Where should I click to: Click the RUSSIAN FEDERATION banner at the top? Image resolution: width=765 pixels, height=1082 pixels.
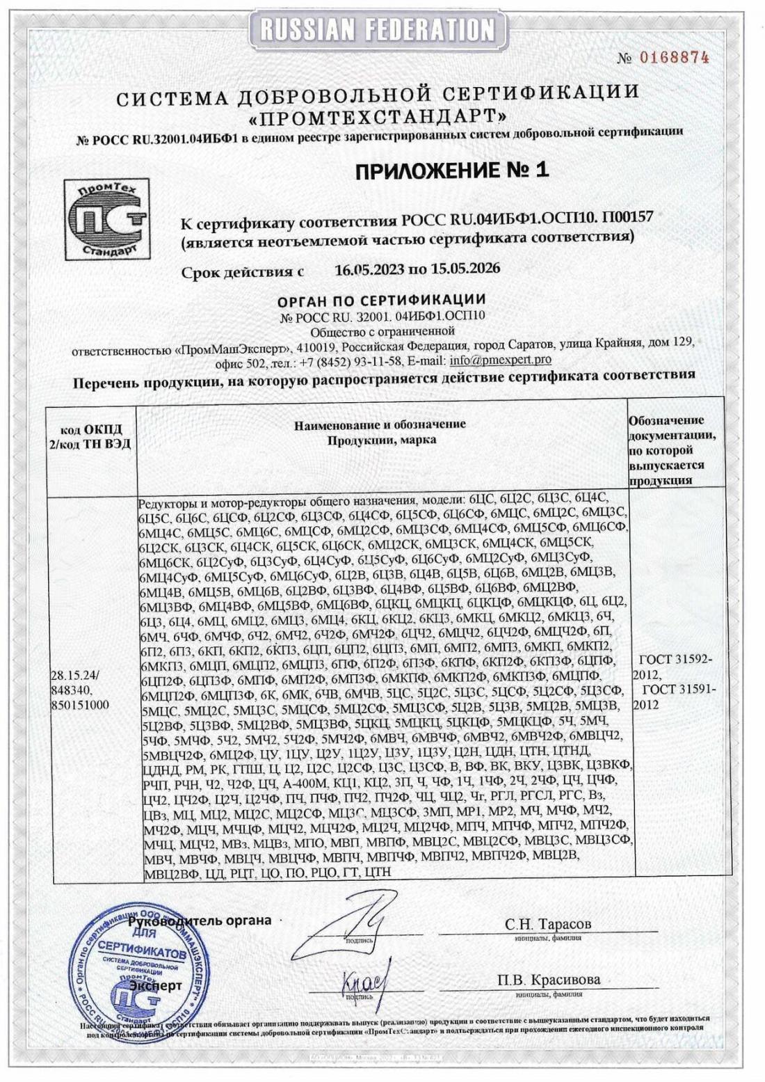coord(378,29)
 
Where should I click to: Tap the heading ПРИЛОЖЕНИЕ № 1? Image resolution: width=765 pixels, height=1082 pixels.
coord(451,170)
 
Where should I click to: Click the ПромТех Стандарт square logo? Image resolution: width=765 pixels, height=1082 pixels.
coord(107,219)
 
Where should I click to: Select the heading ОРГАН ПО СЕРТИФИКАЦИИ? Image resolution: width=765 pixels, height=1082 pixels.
coord(381,301)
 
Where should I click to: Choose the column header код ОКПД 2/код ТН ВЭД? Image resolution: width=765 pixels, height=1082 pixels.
coord(90,436)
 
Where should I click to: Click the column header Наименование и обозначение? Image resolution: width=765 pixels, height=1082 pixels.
coord(380,431)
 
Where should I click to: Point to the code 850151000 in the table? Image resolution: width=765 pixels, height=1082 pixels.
coord(80,704)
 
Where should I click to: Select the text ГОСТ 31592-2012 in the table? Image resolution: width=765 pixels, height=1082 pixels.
coord(672,666)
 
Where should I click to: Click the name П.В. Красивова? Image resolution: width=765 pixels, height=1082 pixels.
coord(549,979)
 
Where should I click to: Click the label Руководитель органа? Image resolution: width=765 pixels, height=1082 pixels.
coord(200,920)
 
